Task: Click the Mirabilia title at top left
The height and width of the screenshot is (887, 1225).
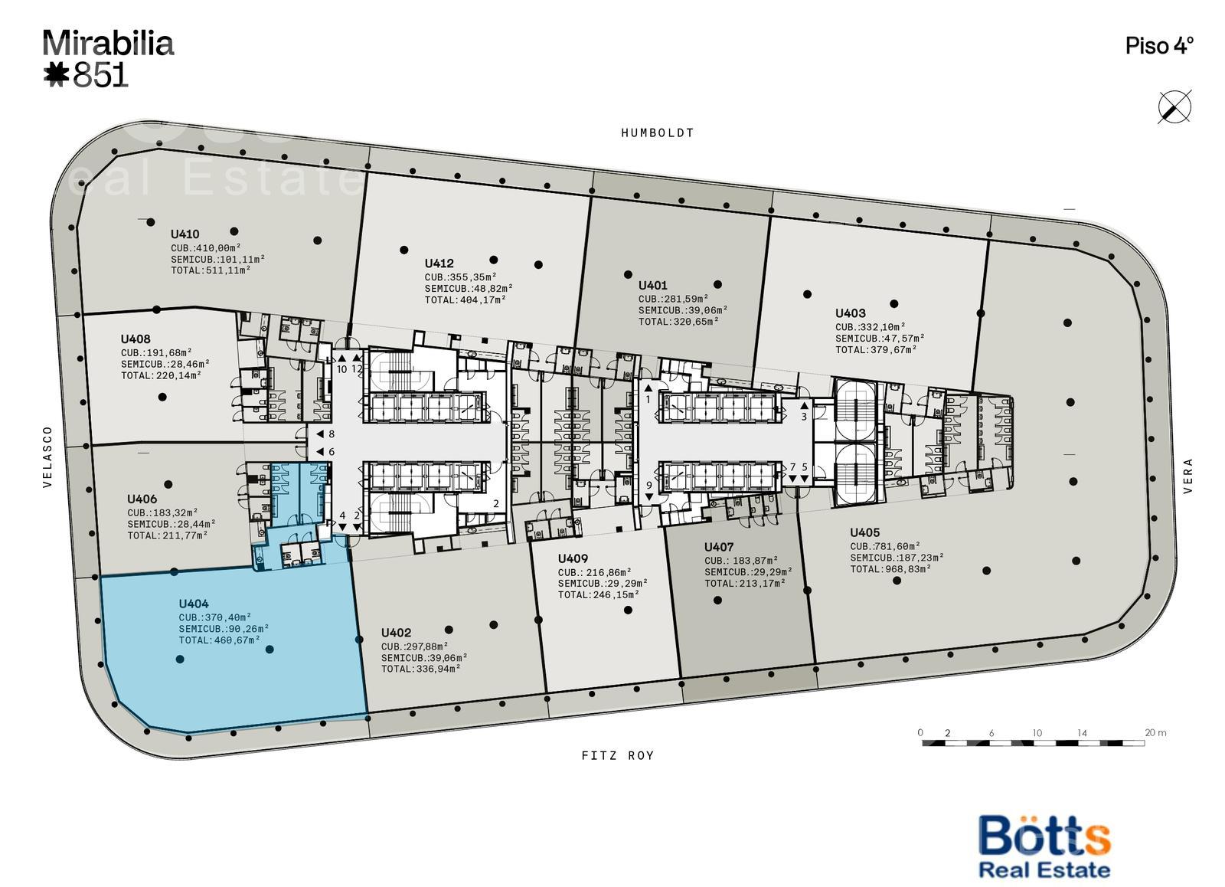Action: click(x=108, y=44)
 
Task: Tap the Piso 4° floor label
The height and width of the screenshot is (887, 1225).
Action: click(x=1159, y=46)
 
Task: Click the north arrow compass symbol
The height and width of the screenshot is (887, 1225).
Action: click(x=1174, y=107)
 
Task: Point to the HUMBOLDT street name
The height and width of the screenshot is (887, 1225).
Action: click(x=658, y=133)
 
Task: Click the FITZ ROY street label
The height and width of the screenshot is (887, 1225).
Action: click(x=617, y=756)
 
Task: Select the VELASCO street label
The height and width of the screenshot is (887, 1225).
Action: click(x=47, y=457)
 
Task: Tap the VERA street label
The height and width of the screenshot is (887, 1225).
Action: click(x=1187, y=476)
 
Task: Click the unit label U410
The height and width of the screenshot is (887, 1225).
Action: click(x=185, y=234)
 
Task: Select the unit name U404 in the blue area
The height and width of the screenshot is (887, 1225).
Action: click(x=194, y=604)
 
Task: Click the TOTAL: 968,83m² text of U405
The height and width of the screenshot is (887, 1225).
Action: click(x=891, y=570)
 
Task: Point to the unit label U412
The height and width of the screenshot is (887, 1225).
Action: click(x=439, y=263)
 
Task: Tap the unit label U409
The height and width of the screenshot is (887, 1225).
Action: click(x=573, y=558)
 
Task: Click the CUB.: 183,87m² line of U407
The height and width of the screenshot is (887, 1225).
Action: click(x=741, y=561)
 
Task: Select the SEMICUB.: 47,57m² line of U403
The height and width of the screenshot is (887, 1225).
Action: click(x=880, y=339)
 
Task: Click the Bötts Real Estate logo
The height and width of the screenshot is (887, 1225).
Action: click(x=1044, y=846)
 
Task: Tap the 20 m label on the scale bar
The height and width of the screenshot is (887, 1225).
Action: click(x=1155, y=733)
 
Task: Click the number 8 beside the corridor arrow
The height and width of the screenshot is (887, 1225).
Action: click(x=332, y=434)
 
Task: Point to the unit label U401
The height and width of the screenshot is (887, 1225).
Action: click(x=653, y=286)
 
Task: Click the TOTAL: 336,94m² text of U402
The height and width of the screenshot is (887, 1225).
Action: click(x=420, y=669)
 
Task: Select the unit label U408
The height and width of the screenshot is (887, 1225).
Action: click(x=136, y=339)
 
